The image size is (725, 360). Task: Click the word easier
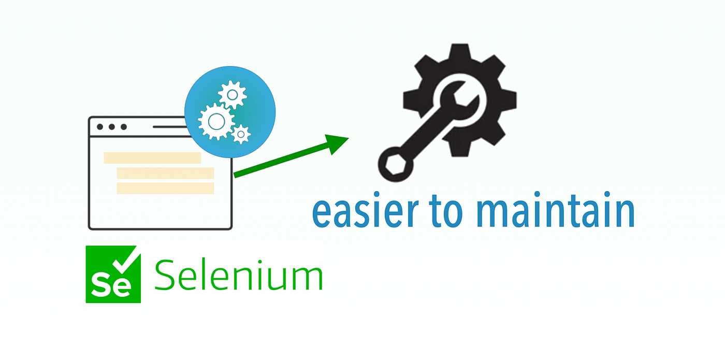coord(365,211)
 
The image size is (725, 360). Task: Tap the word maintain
coord(556,209)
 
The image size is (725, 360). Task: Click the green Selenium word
coord(239,275)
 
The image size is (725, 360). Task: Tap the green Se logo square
coord(113,274)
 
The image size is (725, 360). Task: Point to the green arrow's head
coord(337,144)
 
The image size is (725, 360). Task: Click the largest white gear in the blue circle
coord(216,122)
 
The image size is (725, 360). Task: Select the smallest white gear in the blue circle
coord(241,134)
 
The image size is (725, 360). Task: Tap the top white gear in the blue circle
coord(233,95)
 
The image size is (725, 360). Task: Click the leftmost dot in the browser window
coord(100,127)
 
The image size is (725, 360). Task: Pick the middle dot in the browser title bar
coord(112,127)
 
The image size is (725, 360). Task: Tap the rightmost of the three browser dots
coord(124,127)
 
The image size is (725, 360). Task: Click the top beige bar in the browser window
coord(152,158)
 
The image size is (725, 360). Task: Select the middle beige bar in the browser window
coord(165,173)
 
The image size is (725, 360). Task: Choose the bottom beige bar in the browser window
coord(165,189)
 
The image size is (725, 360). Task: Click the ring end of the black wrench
coord(396,164)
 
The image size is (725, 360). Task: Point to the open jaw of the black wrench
coord(460,97)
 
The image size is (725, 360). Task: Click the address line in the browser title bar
coord(170,127)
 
